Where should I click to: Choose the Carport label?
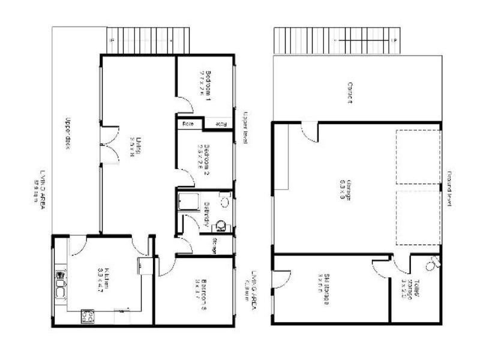pyautogui.click(x=349, y=93)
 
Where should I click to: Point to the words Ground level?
pyautogui.click(x=448, y=190)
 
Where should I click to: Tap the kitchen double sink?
pyautogui.click(x=61, y=284)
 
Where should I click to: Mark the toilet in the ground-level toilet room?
pyautogui.click(x=432, y=262)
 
